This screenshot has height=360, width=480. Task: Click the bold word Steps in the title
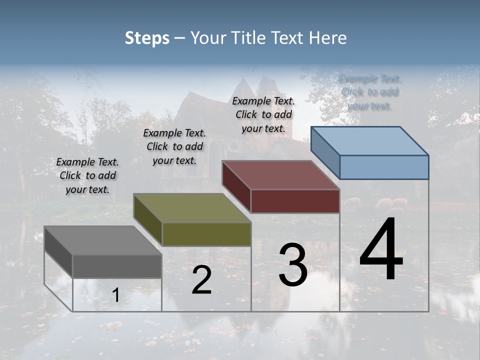point(146,38)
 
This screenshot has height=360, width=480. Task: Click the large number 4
point(381,249)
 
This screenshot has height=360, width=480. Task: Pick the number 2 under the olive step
point(201,280)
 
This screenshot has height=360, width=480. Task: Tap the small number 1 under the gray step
point(115,295)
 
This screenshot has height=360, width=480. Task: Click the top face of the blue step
point(370,141)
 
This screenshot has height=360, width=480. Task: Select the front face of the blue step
point(384,167)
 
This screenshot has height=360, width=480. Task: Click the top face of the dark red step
point(281,175)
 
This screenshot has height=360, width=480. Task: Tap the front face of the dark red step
point(295,201)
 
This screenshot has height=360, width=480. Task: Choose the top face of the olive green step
point(192,208)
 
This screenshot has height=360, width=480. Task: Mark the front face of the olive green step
point(206,234)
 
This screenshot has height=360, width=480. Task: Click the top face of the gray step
point(103,240)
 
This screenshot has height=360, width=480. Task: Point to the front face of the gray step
point(117,266)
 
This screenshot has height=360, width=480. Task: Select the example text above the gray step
point(87,175)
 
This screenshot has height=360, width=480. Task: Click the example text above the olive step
point(174,146)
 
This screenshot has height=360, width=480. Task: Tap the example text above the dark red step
point(263,114)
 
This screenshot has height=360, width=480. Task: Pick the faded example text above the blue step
point(370,92)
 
